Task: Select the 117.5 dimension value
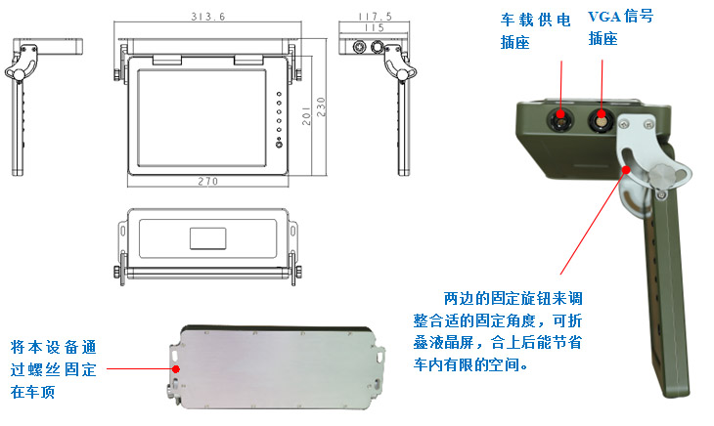(375, 17)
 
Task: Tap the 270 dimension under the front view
(205, 181)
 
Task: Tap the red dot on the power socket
(561, 115)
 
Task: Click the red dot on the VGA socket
(602, 118)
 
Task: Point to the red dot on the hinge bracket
(620, 168)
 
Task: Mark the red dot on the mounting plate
(176, 368)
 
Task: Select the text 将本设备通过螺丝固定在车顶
(54, 369)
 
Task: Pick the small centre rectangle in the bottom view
(206, 237)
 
